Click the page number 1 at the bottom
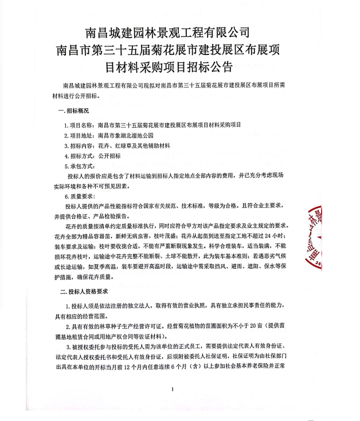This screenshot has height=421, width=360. (x=172, y=389)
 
